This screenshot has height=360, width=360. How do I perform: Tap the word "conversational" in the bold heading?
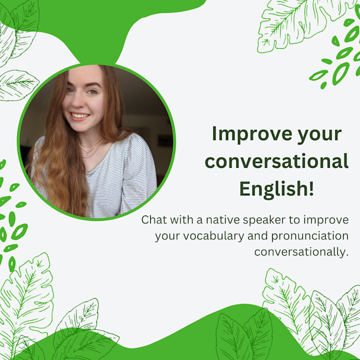click(x=277, y=161)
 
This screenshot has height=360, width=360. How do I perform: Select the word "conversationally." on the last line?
click(x=301, y=251)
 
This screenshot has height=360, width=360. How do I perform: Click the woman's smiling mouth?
click(x=80, y=115)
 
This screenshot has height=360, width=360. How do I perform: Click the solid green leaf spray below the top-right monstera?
click(x=339, y=58)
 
